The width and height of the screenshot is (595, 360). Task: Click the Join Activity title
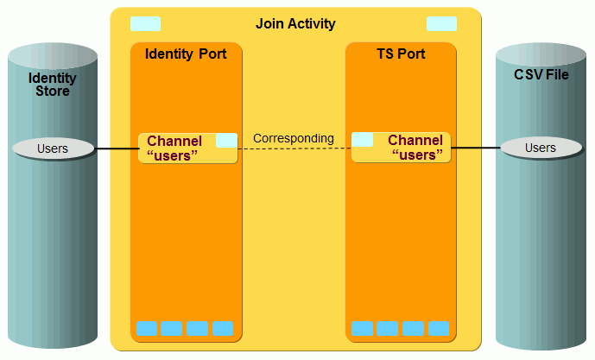(x=295, y=23)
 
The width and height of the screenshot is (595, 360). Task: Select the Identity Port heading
(x=186, y=54)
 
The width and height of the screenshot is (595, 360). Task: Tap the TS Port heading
(x=401, y=54)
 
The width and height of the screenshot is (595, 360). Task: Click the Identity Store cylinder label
(x=53, y=85)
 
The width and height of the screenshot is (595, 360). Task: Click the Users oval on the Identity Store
(x=53, y=148)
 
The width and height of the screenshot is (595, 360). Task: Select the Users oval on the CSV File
(x=541, y=148)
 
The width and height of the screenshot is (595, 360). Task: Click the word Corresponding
(x=294, y=138)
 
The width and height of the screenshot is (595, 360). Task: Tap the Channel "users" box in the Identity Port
(x=177, y=148)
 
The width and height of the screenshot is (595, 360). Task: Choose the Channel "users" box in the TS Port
(x=411, y=148)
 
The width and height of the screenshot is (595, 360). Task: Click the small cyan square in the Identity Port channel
(x=226, y=140)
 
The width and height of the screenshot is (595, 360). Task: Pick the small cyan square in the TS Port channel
(x=363, y=140)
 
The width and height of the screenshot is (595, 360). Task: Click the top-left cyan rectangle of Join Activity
(x=145, y=23)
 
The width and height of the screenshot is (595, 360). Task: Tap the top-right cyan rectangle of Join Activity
(x=441, y=23)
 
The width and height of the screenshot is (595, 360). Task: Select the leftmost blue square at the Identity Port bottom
(x=147, y=328)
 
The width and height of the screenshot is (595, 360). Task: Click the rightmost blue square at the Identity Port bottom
(x=223, y=328)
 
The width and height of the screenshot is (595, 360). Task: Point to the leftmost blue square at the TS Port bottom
(x=363, y=328)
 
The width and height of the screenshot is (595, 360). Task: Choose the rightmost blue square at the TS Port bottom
(x=439, y=328)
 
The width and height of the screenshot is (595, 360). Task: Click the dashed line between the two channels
(x=294, y=148)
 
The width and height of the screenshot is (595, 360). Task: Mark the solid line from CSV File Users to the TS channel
(x=476, y=148)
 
